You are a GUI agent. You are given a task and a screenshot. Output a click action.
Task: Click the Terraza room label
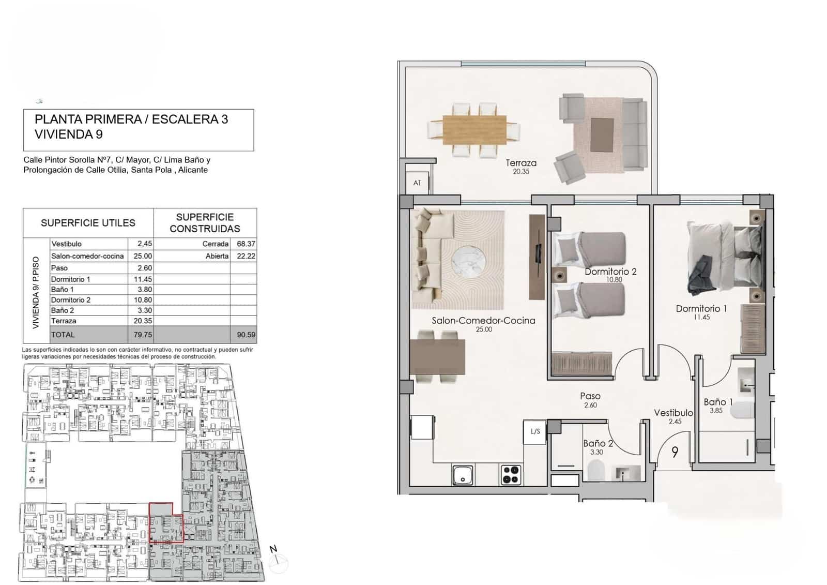[521, 163]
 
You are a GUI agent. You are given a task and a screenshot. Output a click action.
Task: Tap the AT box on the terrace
[417, 183]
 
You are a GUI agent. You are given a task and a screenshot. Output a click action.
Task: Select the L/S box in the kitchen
[535, 431]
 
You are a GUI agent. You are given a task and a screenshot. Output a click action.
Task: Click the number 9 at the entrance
[675, 452]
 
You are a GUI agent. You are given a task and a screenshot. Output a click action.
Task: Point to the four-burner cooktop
[511, 475]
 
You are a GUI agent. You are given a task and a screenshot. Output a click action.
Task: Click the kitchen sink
[463, 475]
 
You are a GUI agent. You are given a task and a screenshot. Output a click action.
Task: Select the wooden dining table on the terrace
[474, 129]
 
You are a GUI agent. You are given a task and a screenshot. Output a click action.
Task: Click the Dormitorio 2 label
[610, 272]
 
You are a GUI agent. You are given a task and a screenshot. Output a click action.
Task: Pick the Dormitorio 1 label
[701, 309]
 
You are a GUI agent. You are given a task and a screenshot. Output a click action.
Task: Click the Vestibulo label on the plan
[673, 413]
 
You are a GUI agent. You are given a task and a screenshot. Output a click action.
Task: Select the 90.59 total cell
[246, 335]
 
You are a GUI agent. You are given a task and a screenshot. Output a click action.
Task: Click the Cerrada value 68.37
[246, 244]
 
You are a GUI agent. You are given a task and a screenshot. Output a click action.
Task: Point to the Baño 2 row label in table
[63, 310]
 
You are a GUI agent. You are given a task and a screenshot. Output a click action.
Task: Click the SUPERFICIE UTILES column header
[88, 223]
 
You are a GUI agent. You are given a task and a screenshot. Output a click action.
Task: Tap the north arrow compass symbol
[278, 561]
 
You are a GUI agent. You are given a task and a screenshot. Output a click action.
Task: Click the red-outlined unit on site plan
[165, 522]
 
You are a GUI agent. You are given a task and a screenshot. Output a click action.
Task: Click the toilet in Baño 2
[596, 471]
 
